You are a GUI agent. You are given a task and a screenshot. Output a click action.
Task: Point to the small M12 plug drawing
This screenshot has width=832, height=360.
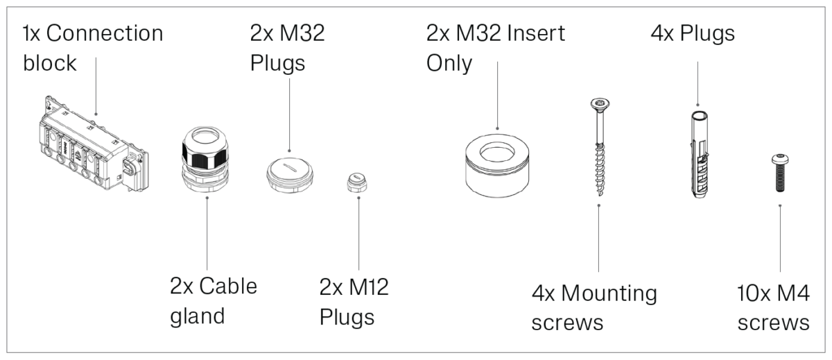point(358,184)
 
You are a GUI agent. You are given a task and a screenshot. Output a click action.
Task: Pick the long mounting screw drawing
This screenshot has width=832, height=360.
point(597,149)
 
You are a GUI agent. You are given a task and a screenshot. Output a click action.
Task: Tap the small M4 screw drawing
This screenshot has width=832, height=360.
point(779,174)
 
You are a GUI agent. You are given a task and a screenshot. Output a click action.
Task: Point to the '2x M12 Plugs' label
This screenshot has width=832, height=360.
point(354,302)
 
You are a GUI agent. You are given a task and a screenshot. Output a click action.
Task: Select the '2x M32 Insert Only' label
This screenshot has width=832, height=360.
point(496,48)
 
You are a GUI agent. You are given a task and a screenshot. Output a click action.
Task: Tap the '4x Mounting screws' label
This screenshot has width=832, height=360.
point(594,307)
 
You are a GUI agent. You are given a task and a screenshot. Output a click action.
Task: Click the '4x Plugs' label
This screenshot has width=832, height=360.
point(693,33)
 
